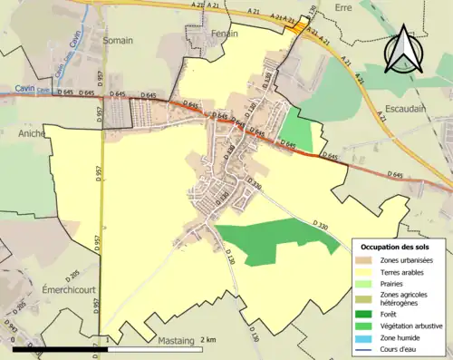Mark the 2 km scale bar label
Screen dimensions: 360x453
pyautogui.click(x=209, y=339)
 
